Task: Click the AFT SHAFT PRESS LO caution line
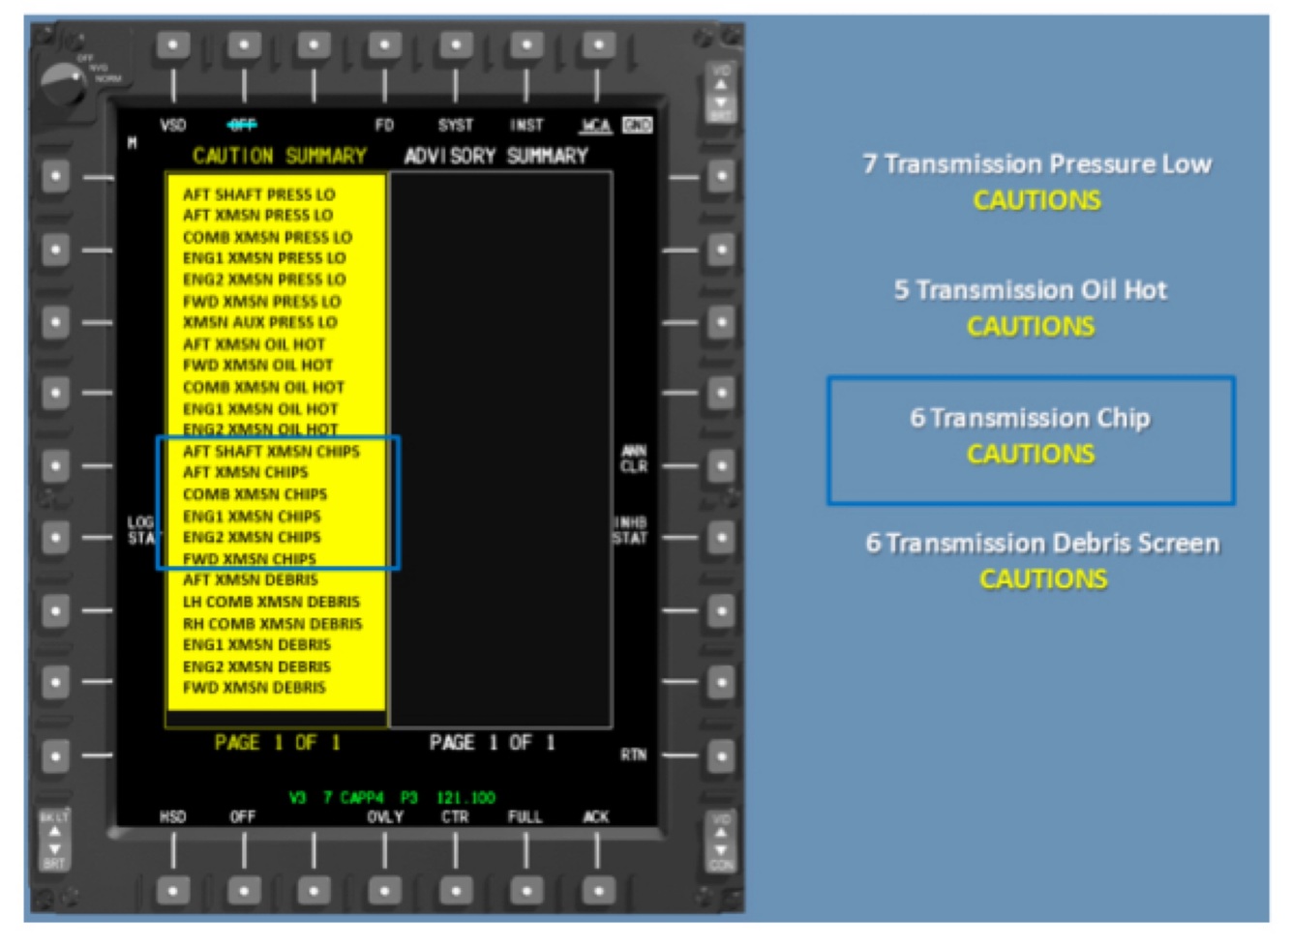tap(258, 194)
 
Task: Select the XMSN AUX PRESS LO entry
tap(259, 322)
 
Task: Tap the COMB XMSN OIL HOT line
tap(263, 387)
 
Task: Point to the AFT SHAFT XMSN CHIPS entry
tap(271, 452)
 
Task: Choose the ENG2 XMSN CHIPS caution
tap(252, 537)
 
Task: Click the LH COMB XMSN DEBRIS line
tap(271, 602)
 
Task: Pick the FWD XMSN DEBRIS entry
tap(254, 688)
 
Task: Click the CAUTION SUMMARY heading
tap(279, 156)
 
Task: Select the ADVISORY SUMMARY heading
tap(495, 156)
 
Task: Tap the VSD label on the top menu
tap(172, 125)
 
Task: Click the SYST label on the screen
tap(455, 125)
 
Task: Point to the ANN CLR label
tap(634, 458)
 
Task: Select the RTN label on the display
tap(633, 754)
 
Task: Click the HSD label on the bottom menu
tap(172, 817)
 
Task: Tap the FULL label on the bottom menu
tap(525, 817)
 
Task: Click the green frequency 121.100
tap(465, 798)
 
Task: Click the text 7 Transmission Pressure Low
tap(1036, 163)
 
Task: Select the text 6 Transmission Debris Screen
tap(1042, 543)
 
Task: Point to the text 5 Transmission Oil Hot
tap(1031, 290)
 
